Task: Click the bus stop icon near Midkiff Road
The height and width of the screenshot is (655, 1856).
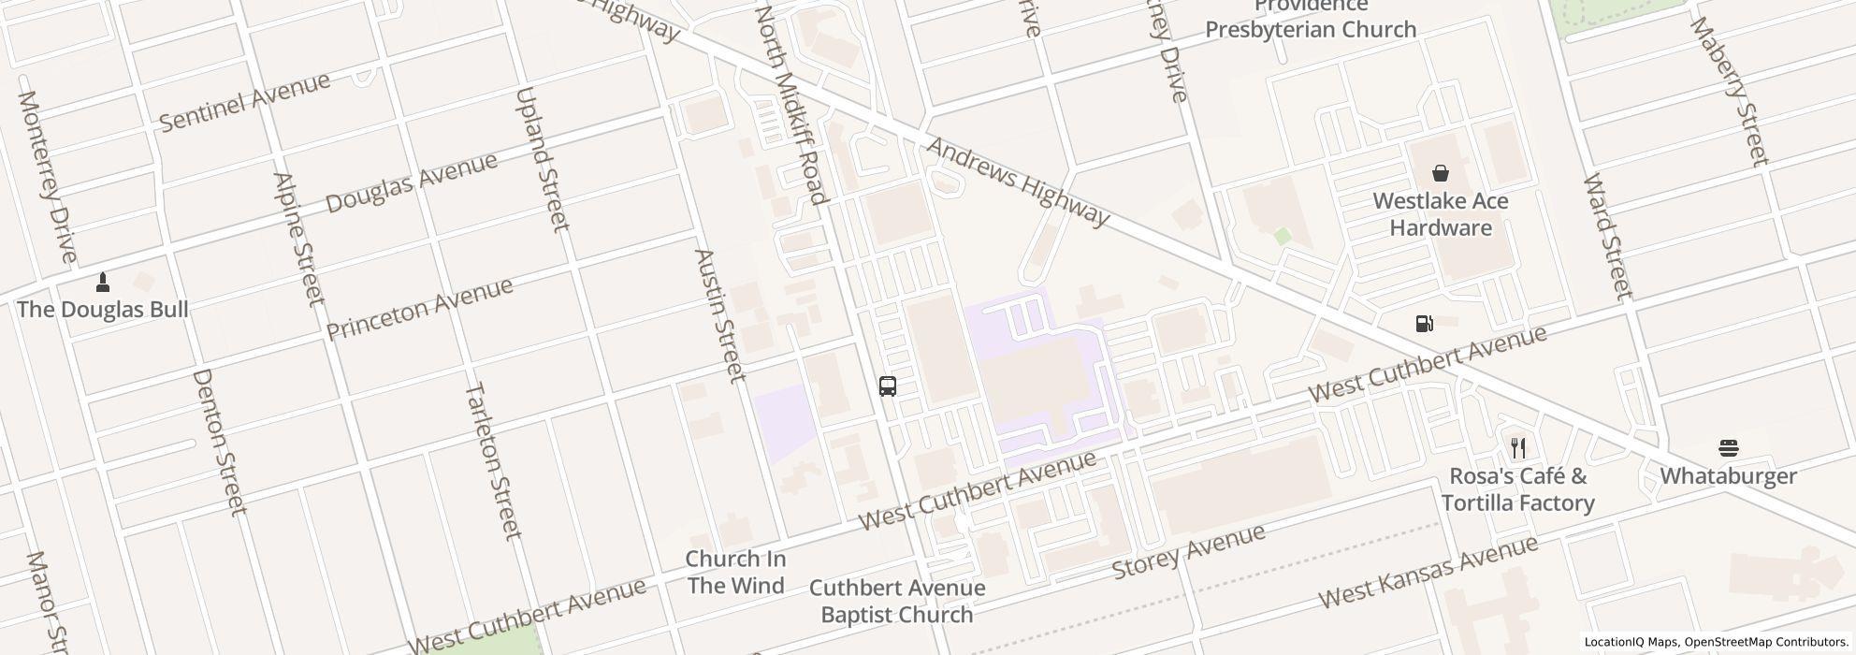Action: click(x=888, y=386)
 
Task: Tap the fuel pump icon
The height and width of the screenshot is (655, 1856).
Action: click(x=1424, y=324)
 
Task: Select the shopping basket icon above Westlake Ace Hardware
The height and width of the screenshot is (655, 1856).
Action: click(x=1440, y=173)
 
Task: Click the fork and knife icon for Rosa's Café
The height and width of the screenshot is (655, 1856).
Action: click(x=1517, y=448)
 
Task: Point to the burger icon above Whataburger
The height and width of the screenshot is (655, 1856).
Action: click(x=1728, y=448)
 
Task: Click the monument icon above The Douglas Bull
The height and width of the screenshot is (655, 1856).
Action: click(x=103, y=282)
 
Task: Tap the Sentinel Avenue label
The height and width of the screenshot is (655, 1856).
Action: click(x=244, y=101)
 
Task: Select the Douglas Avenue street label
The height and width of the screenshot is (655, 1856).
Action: click(x=411, y=182)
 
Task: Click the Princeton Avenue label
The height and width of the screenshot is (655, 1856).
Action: click(x=419, y=308)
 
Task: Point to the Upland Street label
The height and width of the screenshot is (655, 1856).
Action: click(x=542, y=159)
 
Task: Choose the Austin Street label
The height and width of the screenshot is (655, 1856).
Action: click(x=720, y=315)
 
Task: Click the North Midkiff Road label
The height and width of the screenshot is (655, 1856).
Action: click(x=790, y=105)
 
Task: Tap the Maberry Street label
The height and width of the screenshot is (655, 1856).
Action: click(x=1729, y=91)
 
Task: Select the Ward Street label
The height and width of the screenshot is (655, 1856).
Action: click(x=1607, y=237)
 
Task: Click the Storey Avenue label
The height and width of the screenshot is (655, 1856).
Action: click(x=1188, y=551)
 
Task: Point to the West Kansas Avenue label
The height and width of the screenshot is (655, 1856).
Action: click(x=1428, y=571)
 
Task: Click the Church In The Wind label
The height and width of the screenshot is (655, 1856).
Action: click(x=735, y=572)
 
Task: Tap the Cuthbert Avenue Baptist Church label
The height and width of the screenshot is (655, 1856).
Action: click(x=897, y=601)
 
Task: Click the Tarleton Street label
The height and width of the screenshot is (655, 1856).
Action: click(x=492, y=460)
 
